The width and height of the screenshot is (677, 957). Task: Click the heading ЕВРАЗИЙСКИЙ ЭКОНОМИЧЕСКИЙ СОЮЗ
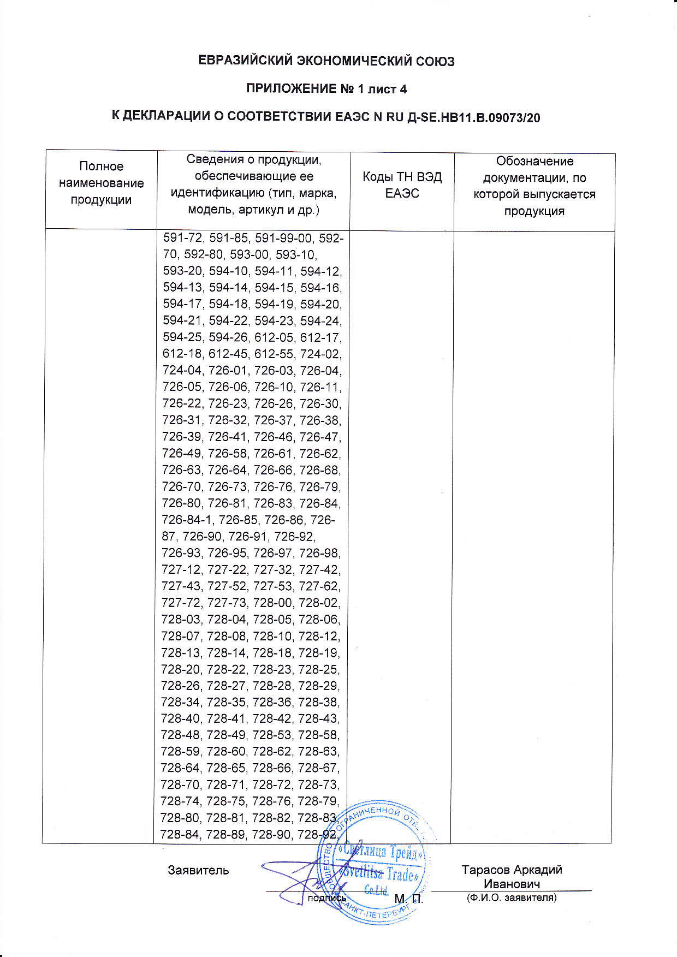click(326, 61)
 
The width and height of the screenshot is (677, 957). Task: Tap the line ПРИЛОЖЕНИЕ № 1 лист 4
click(326, 88)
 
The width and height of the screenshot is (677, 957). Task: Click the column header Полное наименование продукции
click(101, 183)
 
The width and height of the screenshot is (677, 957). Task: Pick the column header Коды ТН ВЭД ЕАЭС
click(402, 185)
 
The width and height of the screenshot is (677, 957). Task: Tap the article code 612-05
click(275, 337)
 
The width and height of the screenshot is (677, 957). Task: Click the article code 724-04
click(183, 371)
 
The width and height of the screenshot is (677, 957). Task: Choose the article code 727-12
click(182, 570)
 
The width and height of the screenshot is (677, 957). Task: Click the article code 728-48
click(182, 735)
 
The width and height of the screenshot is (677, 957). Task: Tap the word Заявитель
click(198, 870)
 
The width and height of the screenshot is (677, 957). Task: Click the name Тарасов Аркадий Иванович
click(512, 877)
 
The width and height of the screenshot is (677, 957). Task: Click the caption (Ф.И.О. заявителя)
click(512, 897)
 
